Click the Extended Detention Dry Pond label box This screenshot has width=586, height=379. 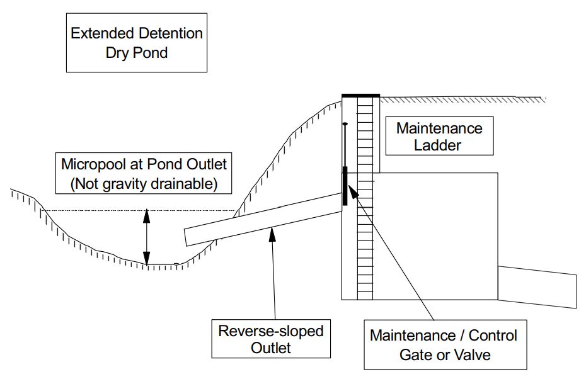coord(137,42)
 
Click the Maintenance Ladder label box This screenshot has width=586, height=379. coord(439,137)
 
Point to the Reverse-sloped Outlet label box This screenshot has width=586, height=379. coord(271,339)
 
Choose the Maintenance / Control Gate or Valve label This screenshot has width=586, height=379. coord(445,345)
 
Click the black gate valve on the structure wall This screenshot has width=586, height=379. coord(345,186)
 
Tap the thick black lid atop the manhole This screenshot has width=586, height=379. coord(360,96)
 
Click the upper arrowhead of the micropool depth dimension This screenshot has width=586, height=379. coord(147,215)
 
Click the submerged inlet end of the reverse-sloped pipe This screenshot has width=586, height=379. coord(187,237)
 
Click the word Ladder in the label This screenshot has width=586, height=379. coord(439,145)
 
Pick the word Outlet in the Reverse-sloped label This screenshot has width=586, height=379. coord(271,348)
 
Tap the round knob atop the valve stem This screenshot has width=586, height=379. coord(345,124)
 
